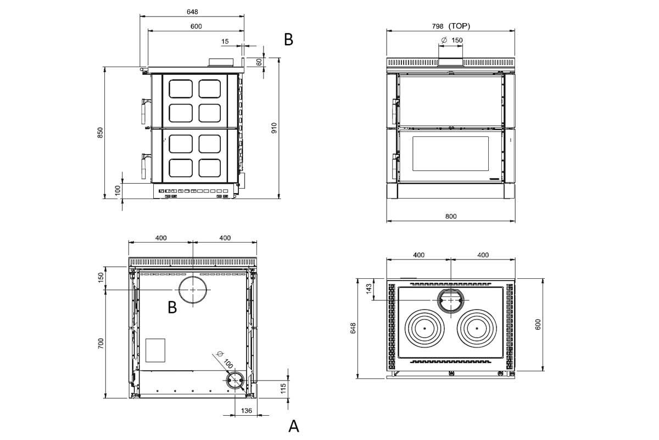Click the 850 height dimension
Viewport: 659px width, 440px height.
[100, 133]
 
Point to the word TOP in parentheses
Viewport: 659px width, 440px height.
[459, 26]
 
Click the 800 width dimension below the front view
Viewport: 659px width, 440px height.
[450, 216]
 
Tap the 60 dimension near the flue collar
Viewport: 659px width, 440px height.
[259, 62]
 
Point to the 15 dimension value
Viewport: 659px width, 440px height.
[225, 41]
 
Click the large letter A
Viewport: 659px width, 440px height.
[294, 426]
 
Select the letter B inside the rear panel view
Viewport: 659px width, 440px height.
[172, 307]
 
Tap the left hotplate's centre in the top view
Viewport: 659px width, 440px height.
[425, 328]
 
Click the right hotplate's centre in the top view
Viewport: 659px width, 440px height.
[477, 328]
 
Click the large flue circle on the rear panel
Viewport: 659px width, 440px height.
[193, 289]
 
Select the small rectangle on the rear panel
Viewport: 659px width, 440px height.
[155, 350]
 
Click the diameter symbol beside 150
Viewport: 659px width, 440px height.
[444, 40]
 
